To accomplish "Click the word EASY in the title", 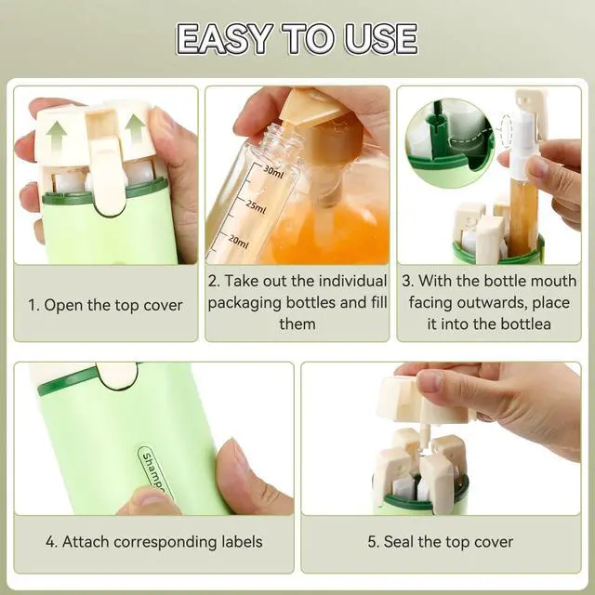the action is click(225, 39).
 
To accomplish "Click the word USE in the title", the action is click(381, 39).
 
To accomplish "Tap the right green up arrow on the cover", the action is click(135, 131).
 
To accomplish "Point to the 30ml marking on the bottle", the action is click(273, 172).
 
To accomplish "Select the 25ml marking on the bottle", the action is click(256, 205).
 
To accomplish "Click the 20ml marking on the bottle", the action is click(238, 241).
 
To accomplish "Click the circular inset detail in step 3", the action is click(450, 143).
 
